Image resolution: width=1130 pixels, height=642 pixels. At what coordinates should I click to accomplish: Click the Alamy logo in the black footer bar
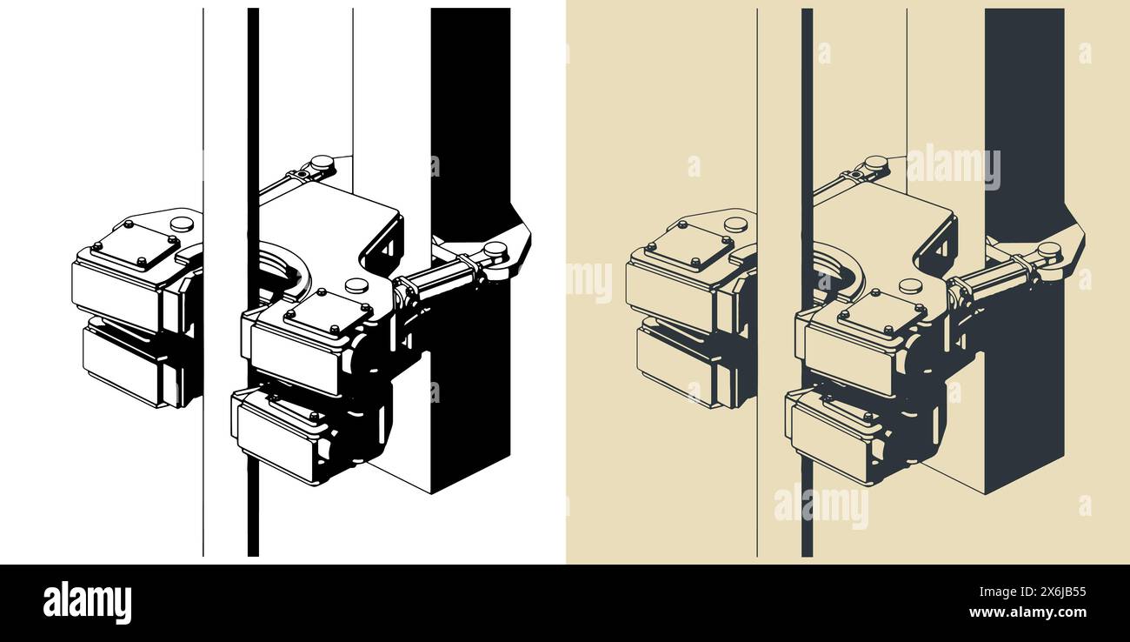tap(87, 603)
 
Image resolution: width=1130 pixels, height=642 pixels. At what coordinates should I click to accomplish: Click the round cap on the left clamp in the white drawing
tap(182, 224)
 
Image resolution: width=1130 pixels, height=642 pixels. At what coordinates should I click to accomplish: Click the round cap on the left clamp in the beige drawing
tap(734, 224)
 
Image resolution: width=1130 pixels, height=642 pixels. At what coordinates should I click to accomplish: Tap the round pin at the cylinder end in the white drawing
tap(495, 250)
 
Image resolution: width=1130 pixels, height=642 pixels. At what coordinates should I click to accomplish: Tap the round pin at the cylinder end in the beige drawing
tap(1048, 250)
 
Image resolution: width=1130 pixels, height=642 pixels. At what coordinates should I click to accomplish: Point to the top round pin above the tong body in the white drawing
tap(322, 162)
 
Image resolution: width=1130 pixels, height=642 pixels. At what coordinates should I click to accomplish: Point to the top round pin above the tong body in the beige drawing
tap(875, 162)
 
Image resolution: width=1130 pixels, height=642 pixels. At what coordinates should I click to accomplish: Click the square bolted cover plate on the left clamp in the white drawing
tap(135, 246)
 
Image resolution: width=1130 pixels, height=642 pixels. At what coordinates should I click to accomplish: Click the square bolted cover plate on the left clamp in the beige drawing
tap(688, 246)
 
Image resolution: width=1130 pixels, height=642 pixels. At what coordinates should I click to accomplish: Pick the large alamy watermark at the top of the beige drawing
tap(954, 167)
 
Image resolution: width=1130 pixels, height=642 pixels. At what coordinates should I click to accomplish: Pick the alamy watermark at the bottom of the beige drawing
tap(821, 505)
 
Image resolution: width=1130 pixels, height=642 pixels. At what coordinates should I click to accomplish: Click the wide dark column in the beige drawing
tap(1023, 104)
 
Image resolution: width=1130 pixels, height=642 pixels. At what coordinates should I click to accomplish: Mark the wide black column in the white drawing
tap(470, 104)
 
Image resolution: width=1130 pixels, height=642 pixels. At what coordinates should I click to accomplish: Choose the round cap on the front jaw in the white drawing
tap(356, 285)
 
